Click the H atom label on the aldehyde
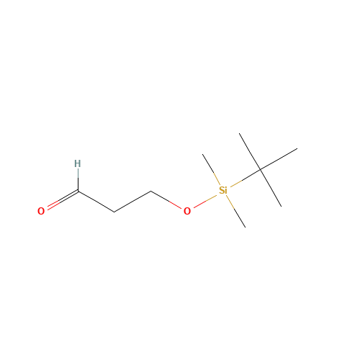click(x=77, y=163)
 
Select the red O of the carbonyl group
click(x=41, y=211)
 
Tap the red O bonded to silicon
click(x=187, y=211)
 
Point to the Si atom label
click(x=223, y=190)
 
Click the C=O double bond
click(x=63, y=200)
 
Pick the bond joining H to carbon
click(x=78, y=180)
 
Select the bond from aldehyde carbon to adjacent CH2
click(x=96, y=202)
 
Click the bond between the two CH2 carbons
click(x=132, y=202)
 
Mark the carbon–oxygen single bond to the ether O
click(x=166, y=199)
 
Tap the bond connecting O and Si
click(x=205, y=201)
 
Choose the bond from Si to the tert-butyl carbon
click(x=246, y=179)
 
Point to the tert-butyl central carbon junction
click(x=261, y=170)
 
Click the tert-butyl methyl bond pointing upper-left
click(x=250, y=151)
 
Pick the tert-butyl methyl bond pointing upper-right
click(x=279, y=159)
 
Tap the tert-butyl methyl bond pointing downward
click(x=271, y=188)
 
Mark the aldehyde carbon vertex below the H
click(x=78, y=191)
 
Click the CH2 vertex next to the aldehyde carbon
click(x=114, y=212)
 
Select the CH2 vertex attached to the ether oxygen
click(x=151, y=191)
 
